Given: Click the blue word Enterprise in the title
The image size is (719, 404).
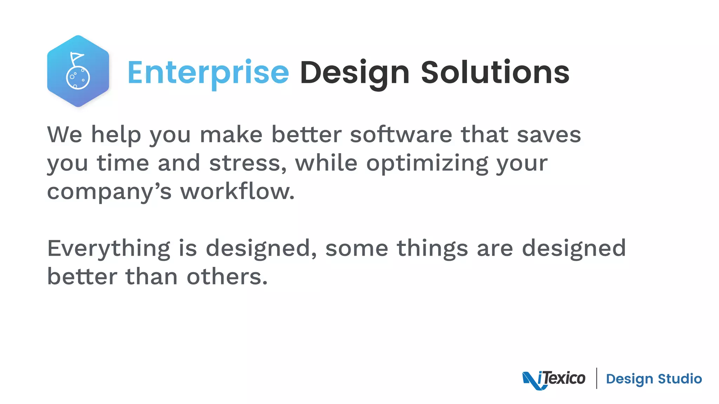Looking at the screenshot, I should click(x=208, y=73).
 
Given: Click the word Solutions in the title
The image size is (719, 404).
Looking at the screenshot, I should click(x=495, y=73).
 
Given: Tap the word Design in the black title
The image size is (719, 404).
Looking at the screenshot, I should click(x=355, y=73).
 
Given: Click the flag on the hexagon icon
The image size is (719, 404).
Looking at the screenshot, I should click(x=77, y=57).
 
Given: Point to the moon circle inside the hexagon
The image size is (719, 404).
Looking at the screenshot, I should click(x=78, y=78).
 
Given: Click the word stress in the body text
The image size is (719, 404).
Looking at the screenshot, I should click(x=248, y=163).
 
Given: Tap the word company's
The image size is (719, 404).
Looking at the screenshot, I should click(x=109, y=192).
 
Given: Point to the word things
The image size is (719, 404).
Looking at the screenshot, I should click(x=432, y=249).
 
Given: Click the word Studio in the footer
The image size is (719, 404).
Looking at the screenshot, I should click(x=680, y=379).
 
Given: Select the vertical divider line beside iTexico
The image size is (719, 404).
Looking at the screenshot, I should click(x=596, y=378).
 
